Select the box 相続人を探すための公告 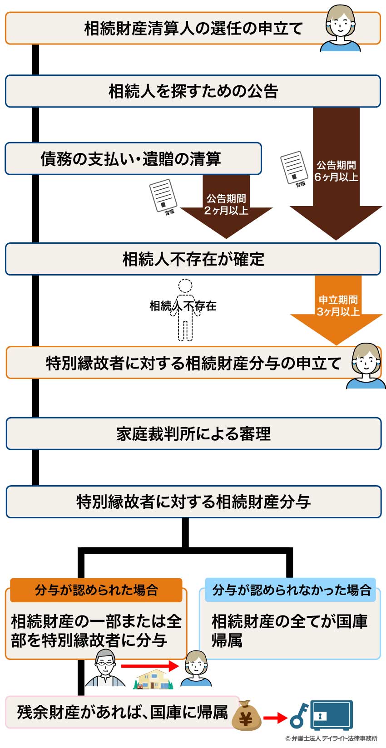pos(193,91)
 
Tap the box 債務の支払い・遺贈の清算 pos(133,159)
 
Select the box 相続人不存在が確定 pos(193,259)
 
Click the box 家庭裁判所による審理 pos(193,434)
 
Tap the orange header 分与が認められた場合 pos(96,590)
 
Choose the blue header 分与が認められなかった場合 pos(291,590)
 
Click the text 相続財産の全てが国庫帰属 pos(289,631)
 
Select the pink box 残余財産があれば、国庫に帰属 pos(122,712)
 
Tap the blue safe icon pos(331,715)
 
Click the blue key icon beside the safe pos(299,716)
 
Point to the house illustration pos(153,679)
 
